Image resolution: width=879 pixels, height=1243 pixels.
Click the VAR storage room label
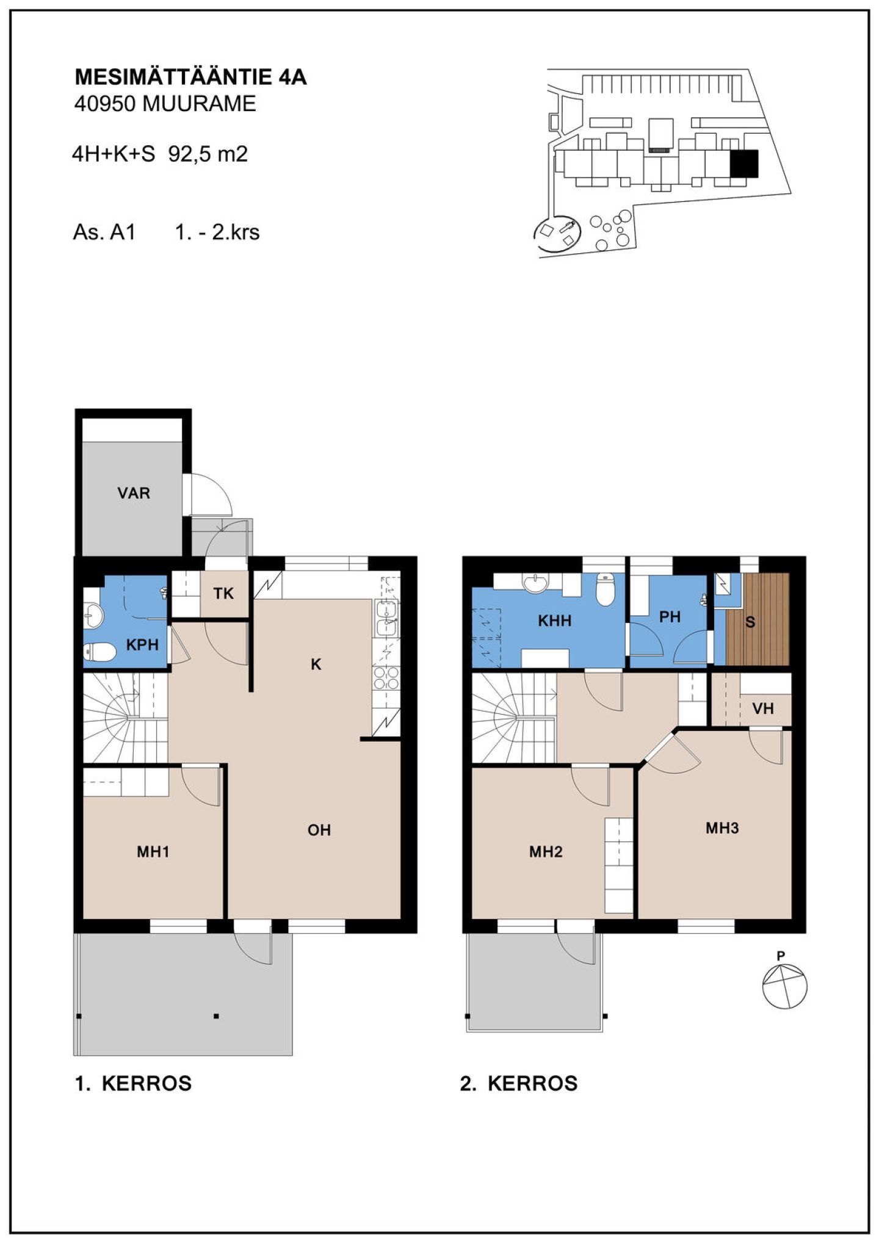(x=134, y=493)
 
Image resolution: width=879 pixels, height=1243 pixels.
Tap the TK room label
(x=223, y=593)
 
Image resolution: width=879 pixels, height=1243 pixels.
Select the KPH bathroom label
(x=142, y=644)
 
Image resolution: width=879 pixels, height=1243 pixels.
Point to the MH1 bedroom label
(x=153, y=852)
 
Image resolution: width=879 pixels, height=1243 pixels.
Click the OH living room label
(x=319, y=830)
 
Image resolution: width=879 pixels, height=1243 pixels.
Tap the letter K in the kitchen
(x=316, y=665)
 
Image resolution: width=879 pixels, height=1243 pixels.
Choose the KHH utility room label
(x=555, y=621)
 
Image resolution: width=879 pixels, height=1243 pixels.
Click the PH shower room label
(x=670, y=617)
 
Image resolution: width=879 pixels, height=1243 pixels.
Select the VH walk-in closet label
(x=763, y=708)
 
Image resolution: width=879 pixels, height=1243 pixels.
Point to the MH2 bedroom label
(x=546, y=852)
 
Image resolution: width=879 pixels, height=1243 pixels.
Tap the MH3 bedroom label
(x=722, y=828)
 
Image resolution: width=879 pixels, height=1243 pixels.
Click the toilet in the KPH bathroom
(x=99, y=653)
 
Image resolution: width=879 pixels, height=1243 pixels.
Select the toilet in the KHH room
(x=605, y=589)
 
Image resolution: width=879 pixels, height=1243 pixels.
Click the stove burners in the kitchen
(x=386, y=679)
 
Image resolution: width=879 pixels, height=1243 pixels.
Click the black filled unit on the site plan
(x=744, y=164)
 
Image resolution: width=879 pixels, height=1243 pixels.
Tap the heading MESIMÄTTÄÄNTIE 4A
(x=190, y=77)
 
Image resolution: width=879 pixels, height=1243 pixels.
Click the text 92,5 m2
(x=208, y=154)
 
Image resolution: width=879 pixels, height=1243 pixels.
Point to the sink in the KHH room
(x=536, y=583)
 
